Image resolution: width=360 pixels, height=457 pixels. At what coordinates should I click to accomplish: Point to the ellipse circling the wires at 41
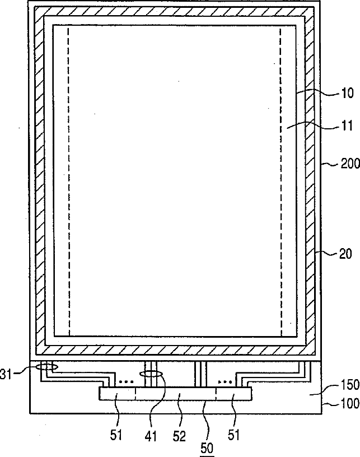(151, 373)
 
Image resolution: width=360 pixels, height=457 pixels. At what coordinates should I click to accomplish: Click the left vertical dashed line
(69, 179)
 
